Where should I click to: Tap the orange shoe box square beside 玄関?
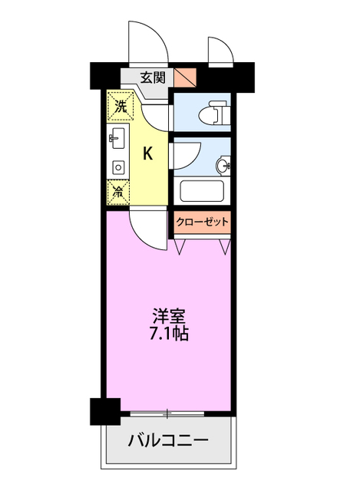(185, 77)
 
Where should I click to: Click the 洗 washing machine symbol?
(120, 107)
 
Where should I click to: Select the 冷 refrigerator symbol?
(120, 191)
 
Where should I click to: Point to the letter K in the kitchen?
(147, 153)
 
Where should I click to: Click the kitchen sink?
(118, 140)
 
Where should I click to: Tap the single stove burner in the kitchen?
(119, 166)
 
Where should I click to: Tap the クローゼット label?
(202, 222)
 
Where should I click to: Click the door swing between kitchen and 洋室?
(148, 229)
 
